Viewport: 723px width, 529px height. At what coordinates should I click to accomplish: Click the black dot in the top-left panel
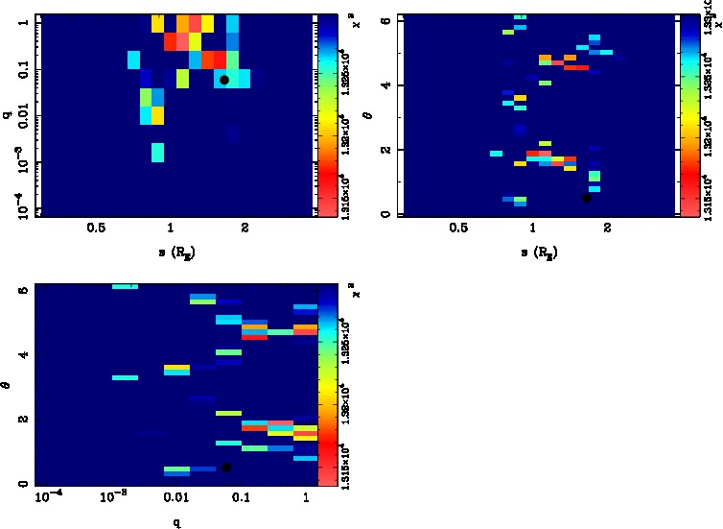pyautogui.click(x=224, y=80)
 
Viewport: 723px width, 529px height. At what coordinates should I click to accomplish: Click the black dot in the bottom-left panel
pyautogui.click(x=226, y=468)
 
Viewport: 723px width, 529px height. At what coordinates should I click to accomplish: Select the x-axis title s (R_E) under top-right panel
pyautogui.click(x=539, y=252)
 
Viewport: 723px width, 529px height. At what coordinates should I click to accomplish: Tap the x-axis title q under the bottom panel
pyautogui.click(x=176, y=523)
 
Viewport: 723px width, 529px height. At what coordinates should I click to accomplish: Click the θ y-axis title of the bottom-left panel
pyautogui.click(x=8, y=385)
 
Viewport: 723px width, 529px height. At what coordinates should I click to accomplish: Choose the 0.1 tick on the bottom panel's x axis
pyautogui.click(x=241, y=499)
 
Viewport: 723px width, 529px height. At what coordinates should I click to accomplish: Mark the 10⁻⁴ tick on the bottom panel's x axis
pyautogui.click(x=49, y=499)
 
